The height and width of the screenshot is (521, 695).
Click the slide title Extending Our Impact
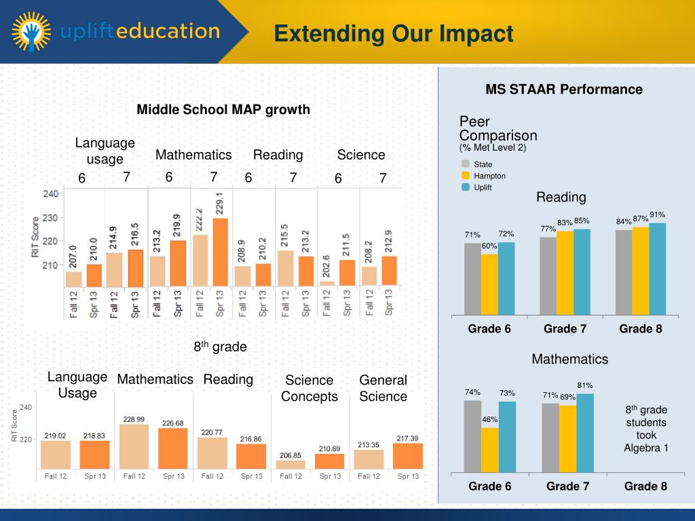point(394,33)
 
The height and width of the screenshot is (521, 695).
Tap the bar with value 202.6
point(326,283)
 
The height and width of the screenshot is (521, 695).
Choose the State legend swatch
point(466,164)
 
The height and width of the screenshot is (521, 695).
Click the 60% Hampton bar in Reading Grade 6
point(489,284)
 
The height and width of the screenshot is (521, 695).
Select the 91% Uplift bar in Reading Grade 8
point(658,269)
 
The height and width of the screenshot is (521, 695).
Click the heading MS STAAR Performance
point(563,90)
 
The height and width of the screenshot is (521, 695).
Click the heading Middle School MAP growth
point(223,109)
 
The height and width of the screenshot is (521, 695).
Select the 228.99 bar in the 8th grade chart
point(134,446)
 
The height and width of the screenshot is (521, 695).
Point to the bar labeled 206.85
point(290,465)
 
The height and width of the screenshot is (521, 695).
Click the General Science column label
point(383,388)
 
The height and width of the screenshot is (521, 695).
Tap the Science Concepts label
point(309,388)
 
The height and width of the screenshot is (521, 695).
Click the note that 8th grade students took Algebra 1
point(645,429)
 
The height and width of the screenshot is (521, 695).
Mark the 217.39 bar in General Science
point(407,456)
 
